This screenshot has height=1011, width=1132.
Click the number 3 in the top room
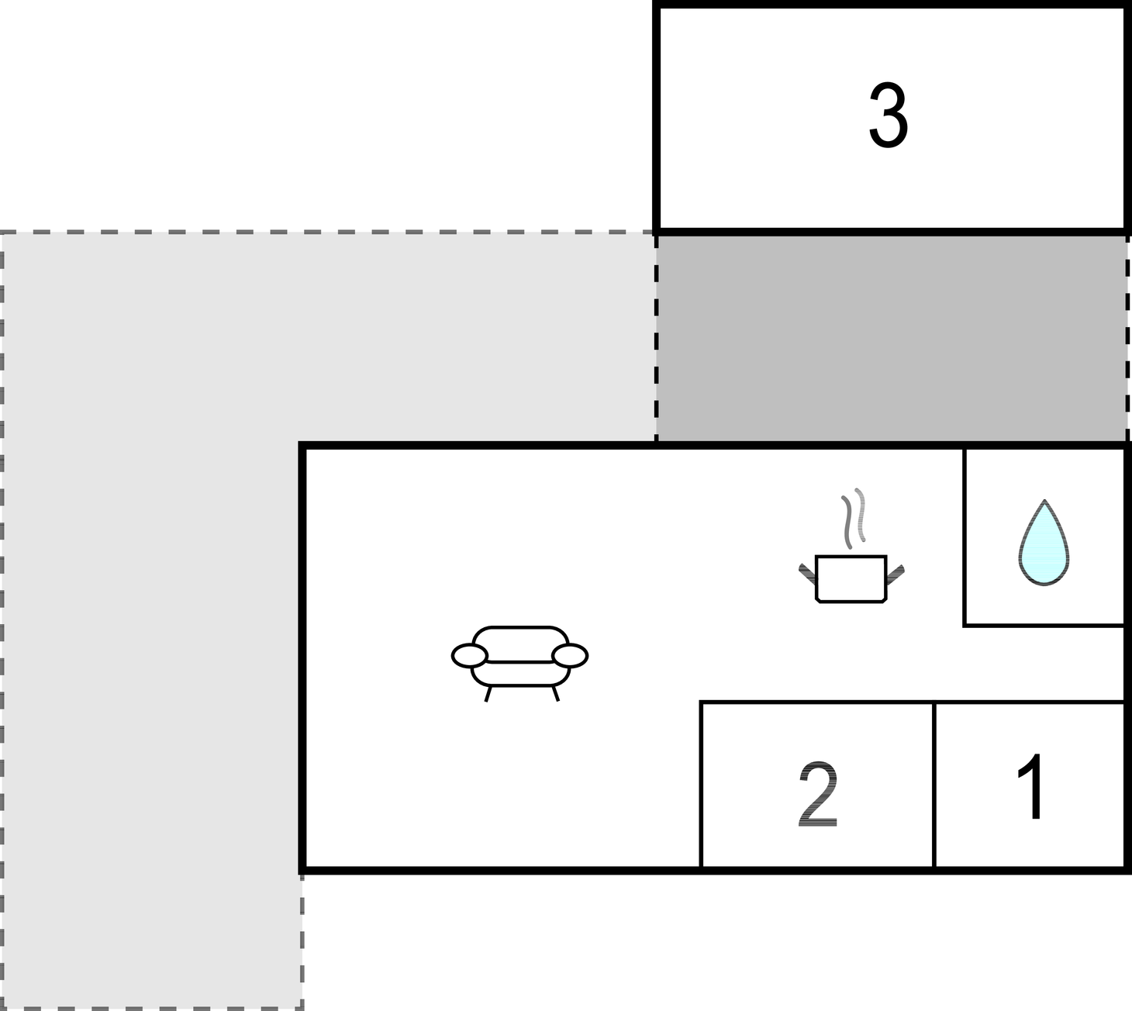pos(889,116)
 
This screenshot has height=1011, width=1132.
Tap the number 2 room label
pos(818,794)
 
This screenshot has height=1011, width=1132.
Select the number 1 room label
pos(1030,786)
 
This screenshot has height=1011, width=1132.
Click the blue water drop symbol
pos(1044,543)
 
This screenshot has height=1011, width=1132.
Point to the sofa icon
pos(519,664)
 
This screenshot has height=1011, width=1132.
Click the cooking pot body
pos(851,579)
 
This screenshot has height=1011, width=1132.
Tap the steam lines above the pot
pos(854,518)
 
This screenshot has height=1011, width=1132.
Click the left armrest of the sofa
pos(469,656)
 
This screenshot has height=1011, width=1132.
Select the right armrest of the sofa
pos(570,656)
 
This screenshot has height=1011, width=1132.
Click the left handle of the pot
pos(807,574)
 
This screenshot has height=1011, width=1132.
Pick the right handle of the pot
pos(895,575)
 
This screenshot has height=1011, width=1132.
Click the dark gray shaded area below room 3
pos(892,337)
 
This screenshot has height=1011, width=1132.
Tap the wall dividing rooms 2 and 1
pos(934,785)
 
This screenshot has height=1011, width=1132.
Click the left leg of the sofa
pos(488,694)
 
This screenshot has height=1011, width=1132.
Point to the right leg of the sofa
pos(555,694)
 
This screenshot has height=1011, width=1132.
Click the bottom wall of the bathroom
pos(1044,625)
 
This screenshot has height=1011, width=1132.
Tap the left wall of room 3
pos(657,117)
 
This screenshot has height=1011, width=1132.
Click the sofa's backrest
pos(520,644)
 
